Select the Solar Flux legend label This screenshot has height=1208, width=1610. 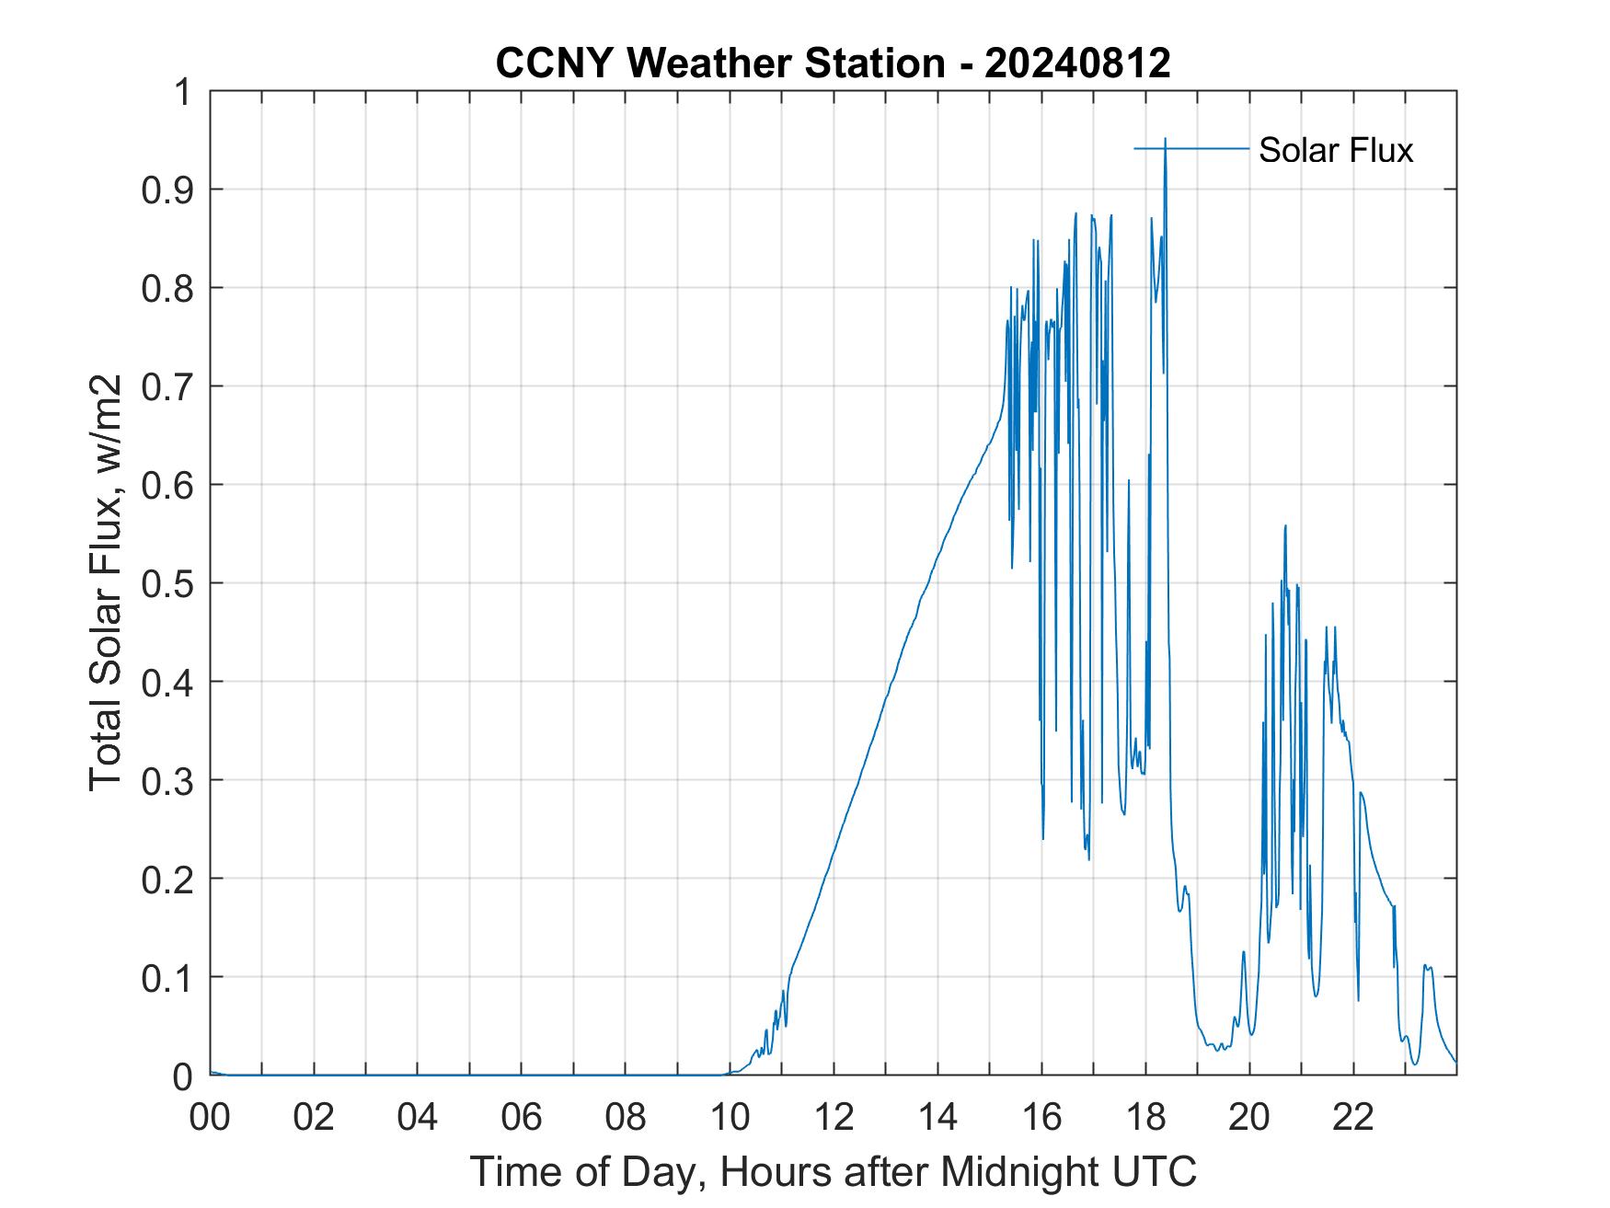(1335, 150)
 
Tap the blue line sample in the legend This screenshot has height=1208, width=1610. (1191, 148)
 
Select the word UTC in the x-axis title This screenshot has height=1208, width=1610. (1158, 1171)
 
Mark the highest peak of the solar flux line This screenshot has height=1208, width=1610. (1165, 139)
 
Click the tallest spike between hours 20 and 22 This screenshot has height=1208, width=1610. (1284, 525)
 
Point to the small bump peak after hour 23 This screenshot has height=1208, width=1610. (1425, 965)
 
